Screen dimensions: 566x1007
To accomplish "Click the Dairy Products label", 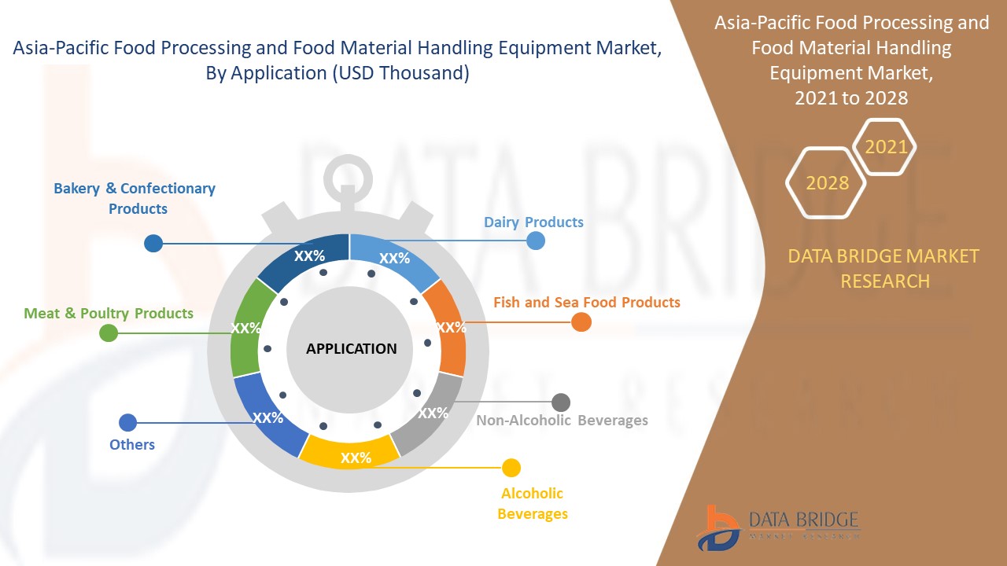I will coord(533,222).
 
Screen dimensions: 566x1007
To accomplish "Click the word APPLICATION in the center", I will coord(351,348).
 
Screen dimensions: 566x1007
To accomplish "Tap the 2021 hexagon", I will coord(886,146).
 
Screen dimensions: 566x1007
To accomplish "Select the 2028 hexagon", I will coord(827,182).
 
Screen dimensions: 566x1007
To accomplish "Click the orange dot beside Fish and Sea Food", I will coord(581,322).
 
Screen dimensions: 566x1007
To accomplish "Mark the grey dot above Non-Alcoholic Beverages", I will coord(560,402).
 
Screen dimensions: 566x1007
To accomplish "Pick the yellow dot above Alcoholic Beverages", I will coord(511,469).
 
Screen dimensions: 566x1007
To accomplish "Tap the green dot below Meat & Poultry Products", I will coord(109,333).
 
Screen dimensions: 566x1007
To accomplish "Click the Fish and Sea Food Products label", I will coord(586,302).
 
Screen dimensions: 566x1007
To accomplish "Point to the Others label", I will coord(132,444).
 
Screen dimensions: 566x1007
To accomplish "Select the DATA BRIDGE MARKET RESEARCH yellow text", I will coord(883,268).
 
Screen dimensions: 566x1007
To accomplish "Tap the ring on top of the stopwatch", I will coord(346,171).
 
